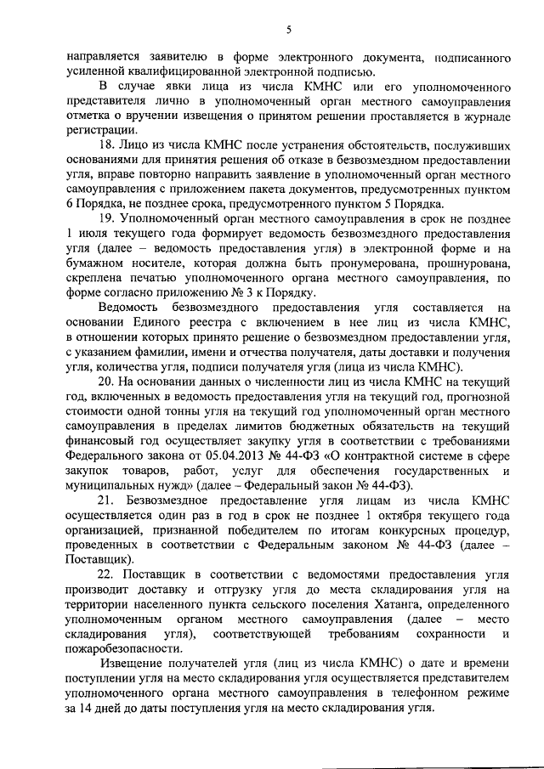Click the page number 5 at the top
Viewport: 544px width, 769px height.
point(288,31)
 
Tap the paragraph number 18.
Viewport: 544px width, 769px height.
point(106,146)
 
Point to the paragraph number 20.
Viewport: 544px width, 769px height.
point(106,383)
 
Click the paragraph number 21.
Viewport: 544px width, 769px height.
point(107,501)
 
